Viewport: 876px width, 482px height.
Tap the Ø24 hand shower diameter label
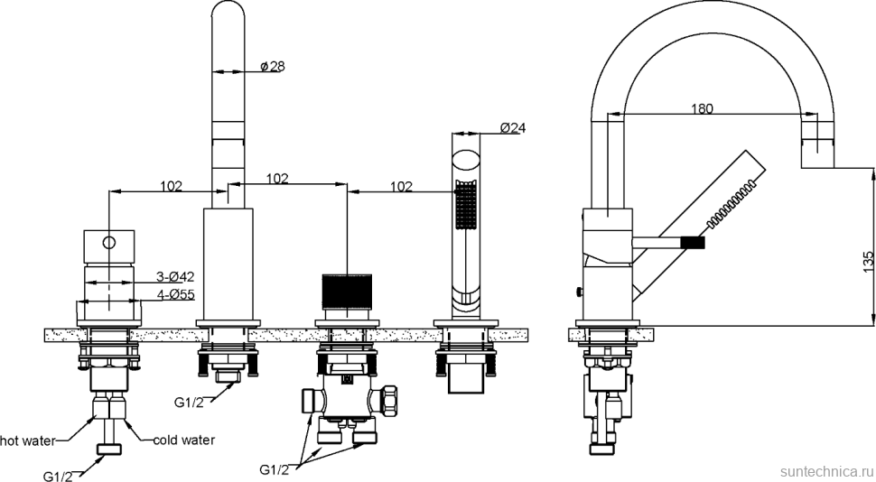(512, 128)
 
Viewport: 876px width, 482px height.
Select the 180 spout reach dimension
(702, 109)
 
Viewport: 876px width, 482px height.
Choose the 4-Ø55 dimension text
(175, 293)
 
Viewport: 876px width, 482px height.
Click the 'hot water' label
(27, 440)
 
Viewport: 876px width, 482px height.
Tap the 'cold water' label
(183, 440)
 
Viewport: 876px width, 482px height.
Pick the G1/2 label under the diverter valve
(275, 470)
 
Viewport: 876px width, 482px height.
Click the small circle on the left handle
(108, 242)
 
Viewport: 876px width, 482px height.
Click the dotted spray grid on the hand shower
(465, 206)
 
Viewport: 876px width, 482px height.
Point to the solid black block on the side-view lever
(692, 242)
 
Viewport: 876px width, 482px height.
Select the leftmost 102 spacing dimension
(172, 186)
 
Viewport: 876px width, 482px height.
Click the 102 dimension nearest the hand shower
(402, 187)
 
